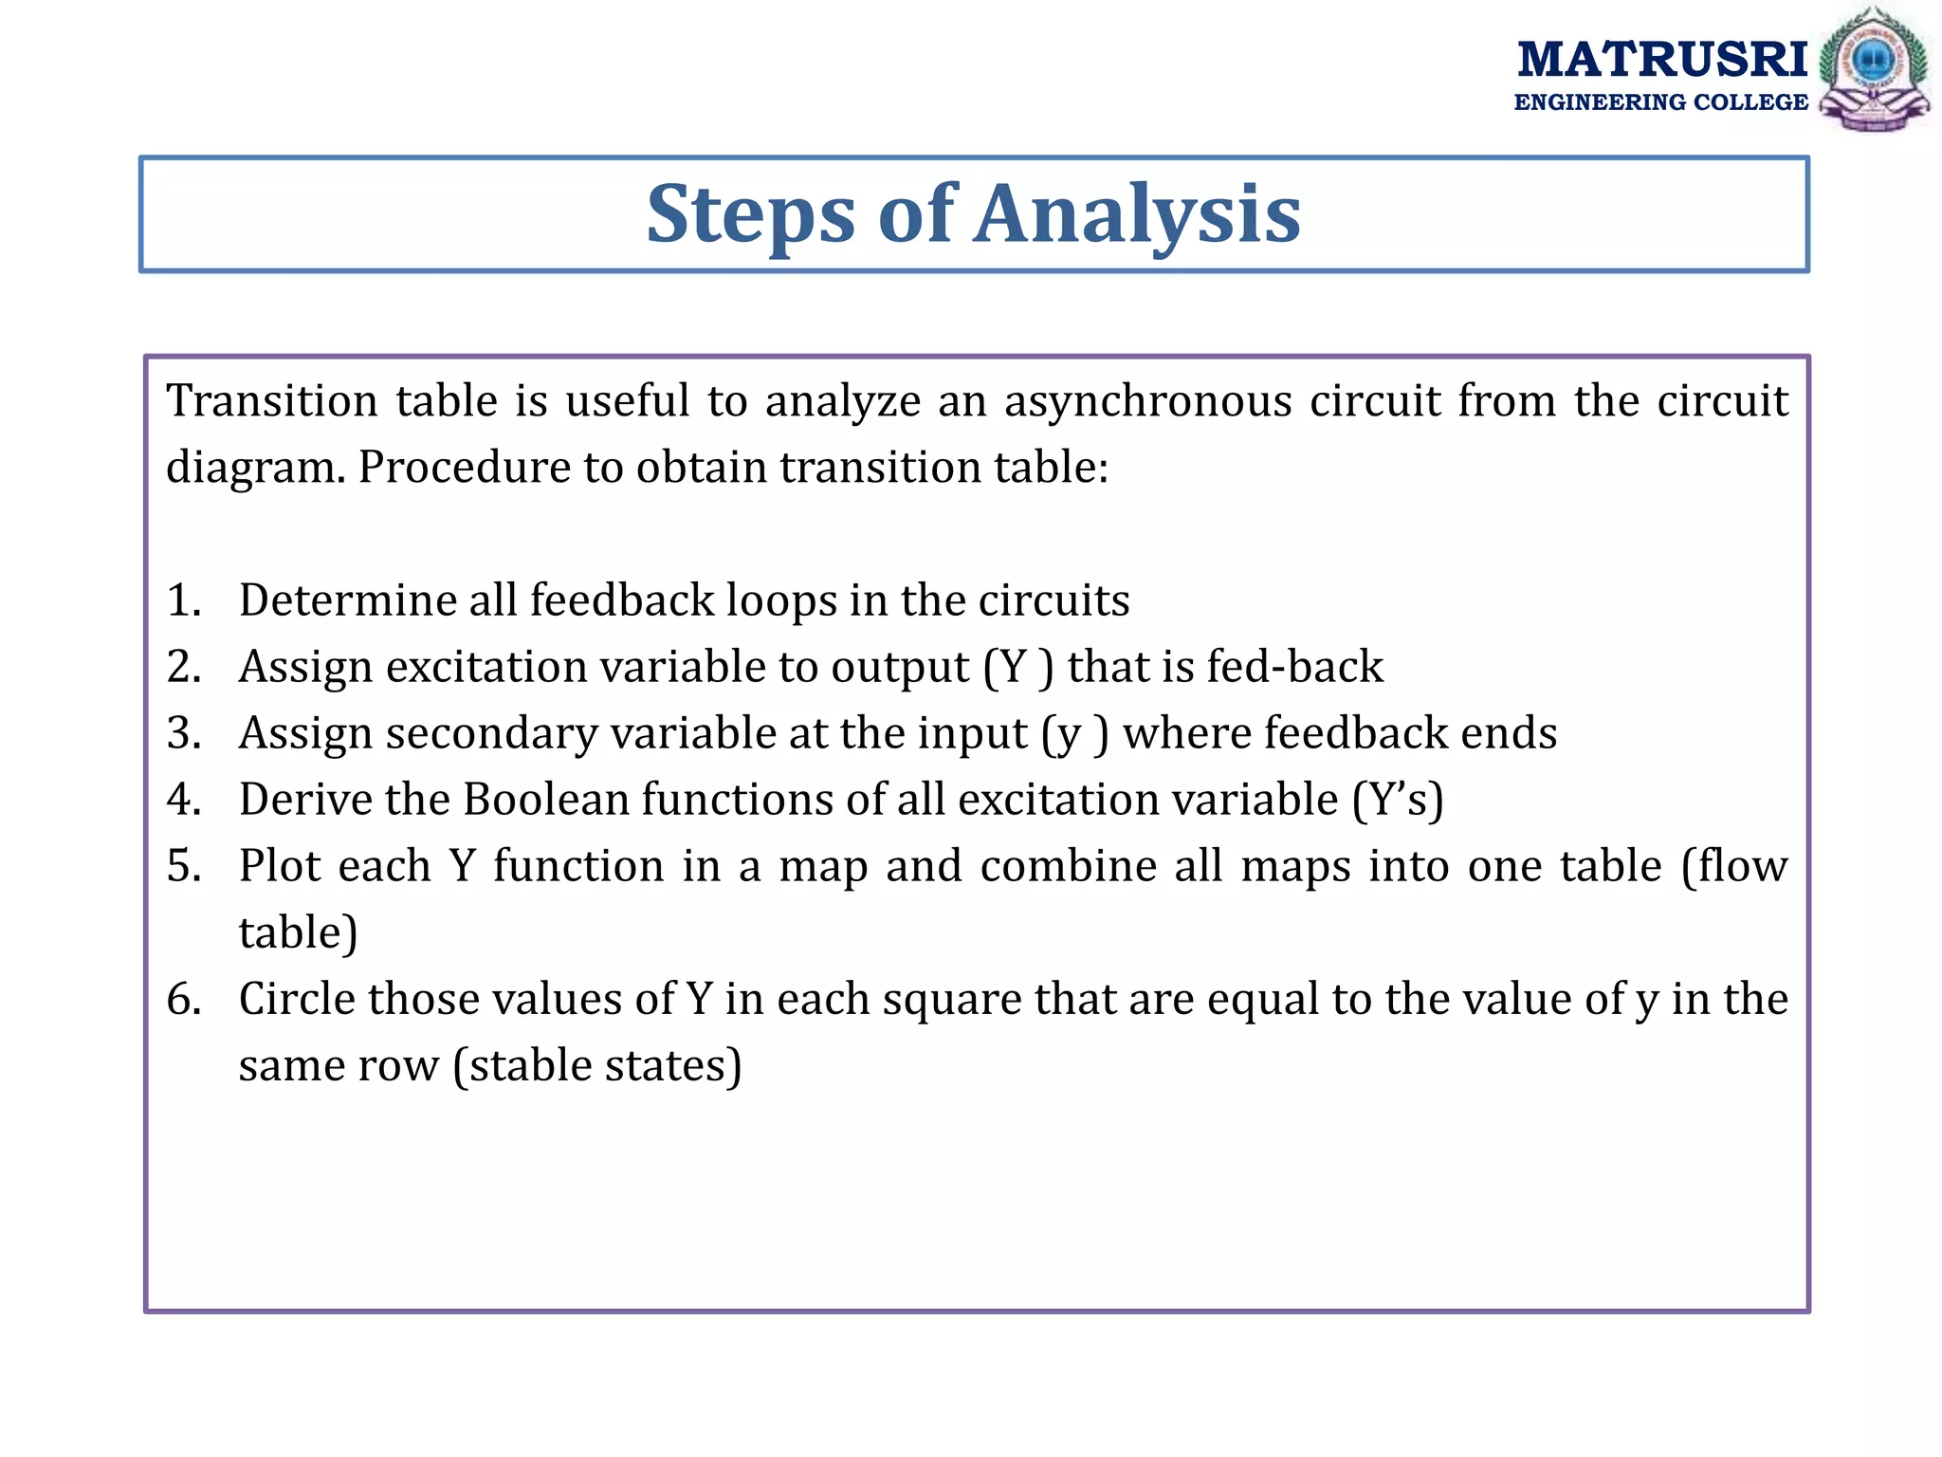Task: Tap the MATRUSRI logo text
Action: point(1662,60)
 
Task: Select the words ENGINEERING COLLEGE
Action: point(1660,102)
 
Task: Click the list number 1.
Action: point(184,601)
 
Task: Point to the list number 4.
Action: point(184,801)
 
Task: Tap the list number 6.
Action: point(184,1000)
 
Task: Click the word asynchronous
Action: point(1147,402)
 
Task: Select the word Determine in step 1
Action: point(347,601)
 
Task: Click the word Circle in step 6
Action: point(297,1000)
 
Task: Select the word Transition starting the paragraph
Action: point(271,402)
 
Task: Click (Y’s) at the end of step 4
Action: point(1398,801)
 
